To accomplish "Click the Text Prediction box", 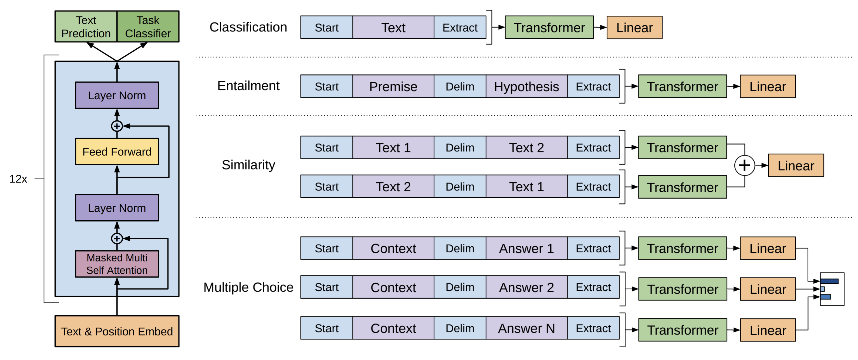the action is (86, 27).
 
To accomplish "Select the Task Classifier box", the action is (148, 27).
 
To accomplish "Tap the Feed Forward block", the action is (117, 151).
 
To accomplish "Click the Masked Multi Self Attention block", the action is (117, 264).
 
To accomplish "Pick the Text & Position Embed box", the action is (117, 331).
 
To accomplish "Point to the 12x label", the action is (18, 179).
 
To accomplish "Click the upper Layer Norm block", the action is (117, 95).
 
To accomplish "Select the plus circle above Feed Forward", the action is (117, 126).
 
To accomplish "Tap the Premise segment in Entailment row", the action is (393, 87).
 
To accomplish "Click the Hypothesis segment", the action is (526, 87).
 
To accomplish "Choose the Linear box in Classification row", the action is (634, 28).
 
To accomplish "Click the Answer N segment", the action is (526, 328).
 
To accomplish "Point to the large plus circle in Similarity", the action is (744, 165).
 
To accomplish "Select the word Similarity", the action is (248, 165).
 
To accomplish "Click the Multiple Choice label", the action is (248, 287).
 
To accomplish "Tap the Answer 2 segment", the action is (526, 287).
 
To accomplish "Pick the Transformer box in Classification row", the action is (549, 28).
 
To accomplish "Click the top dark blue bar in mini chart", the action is (829, 281).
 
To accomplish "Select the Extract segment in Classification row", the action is (460, 28).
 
